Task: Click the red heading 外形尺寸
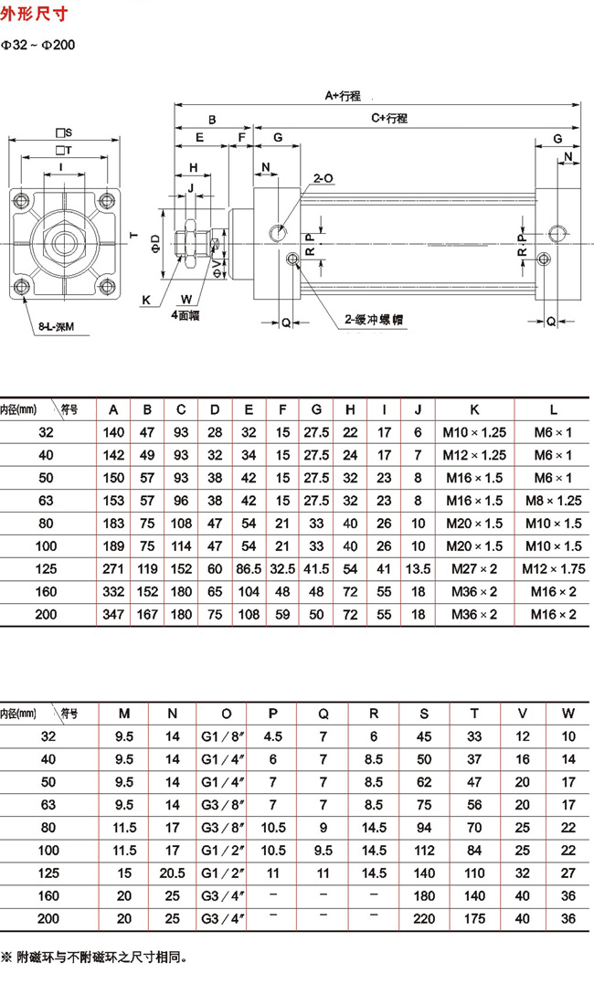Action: [x=34, y=13]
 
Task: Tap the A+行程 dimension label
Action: [x=343, y=95]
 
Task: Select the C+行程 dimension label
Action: [x=389, y=117]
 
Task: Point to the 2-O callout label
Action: [x=324, y=178]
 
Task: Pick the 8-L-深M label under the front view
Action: [x=56, y=326]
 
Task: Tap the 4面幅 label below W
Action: [x=186, y=315]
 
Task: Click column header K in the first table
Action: [x=474, y=410]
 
